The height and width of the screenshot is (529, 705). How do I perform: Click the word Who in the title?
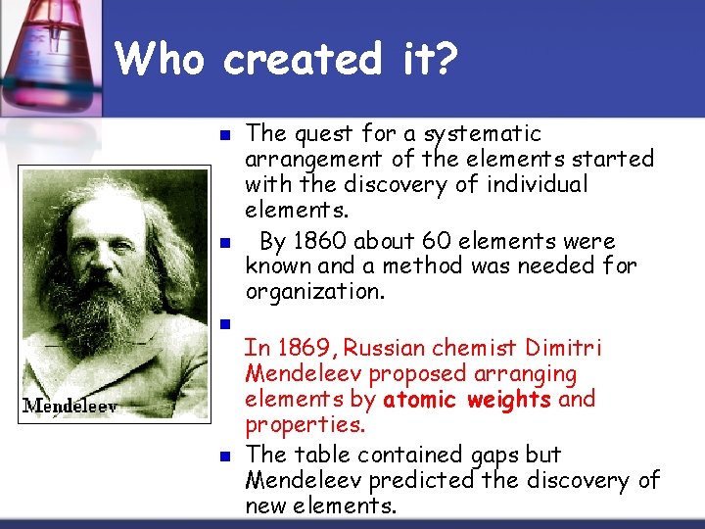pos(160,60)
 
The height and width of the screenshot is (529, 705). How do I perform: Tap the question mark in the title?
pos(445,60)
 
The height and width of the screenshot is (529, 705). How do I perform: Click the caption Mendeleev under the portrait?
pos(70,406)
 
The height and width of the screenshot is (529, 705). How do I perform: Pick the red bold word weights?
pos(509,400)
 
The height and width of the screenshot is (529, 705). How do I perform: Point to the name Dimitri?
pos(563,348)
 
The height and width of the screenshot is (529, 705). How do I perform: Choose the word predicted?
pos(430,480)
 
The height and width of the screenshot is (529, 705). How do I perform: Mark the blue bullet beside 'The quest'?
pos(223,135)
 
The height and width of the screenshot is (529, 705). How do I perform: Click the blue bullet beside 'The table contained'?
pos(223,457)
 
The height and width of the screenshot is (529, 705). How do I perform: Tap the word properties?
pos(305,425)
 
